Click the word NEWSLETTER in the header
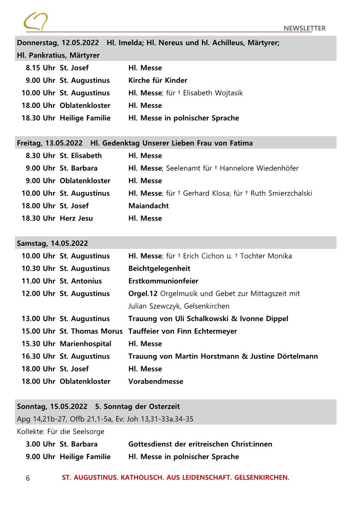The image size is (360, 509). (304, 29)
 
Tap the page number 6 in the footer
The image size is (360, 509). (28, 478)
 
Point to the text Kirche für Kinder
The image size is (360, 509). (158, 80)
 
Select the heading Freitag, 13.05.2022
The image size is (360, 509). (50, 143)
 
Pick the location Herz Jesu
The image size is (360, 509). (76, 218)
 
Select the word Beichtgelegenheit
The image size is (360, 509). (159, 269)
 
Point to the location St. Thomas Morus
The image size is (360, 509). (91, 332)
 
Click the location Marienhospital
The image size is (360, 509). (85, 344)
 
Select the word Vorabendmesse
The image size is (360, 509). (156, 382)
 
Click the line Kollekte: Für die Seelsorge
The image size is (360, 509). (61, 432)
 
